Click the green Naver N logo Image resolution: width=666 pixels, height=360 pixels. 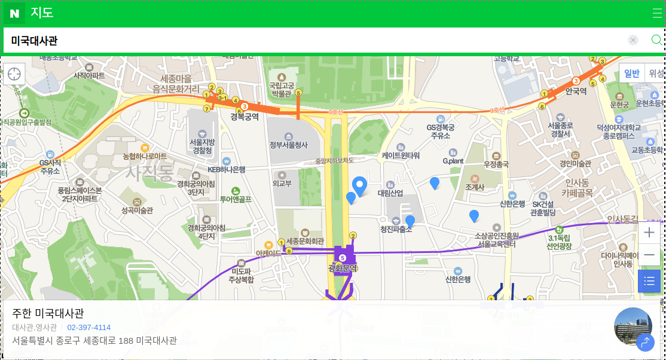[14, 13]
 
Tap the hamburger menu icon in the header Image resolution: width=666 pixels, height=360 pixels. [657, 13]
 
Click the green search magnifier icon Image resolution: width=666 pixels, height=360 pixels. [656, 40]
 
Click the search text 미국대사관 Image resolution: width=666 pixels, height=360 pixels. [35, 41]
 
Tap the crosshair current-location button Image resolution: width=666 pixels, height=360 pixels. [14, 74]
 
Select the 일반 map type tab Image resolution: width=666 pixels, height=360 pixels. [632, 74]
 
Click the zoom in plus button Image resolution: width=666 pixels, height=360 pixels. [649, 233]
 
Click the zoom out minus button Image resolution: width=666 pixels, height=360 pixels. [649, 256]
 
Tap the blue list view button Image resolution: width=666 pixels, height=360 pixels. [649, 281]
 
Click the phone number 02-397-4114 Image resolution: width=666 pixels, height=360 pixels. [88, 327]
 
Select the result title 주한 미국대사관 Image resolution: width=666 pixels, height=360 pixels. [48, 313]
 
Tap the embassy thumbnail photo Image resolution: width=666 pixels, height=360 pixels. [633, 326]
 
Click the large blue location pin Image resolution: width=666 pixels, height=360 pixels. [359, 186]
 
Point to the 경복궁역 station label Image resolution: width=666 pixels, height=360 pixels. [245, 117]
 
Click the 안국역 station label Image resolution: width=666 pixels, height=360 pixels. [576, 91]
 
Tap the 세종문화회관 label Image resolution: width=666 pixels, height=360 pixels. [305, 241]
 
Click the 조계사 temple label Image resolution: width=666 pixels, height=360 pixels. [474, 187]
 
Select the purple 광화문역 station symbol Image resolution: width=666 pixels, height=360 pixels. [343, 258]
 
